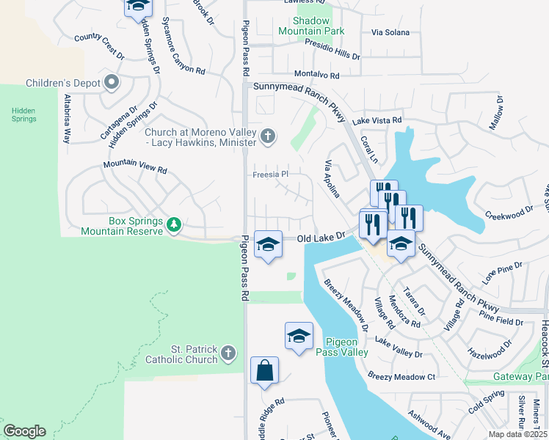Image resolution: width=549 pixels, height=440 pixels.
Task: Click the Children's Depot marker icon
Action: point(112,82)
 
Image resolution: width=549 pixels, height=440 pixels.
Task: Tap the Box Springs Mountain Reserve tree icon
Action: point(174,224)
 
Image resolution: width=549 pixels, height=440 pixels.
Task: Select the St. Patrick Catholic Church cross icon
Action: point(228,353)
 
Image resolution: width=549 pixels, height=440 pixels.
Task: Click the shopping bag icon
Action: point(264,371)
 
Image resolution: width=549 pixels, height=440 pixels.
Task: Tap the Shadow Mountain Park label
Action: point(310,26)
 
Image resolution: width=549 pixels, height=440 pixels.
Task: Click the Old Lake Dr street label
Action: point(321,238)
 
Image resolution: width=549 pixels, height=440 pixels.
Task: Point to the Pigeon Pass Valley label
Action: point(342,347)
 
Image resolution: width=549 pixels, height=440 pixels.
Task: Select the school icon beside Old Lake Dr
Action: point(269,245)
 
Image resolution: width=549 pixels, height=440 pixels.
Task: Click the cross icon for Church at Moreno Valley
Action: point(269,136)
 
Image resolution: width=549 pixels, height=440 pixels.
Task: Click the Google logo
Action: point(24,431)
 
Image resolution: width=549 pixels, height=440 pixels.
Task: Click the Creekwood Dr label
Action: point(509,213)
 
